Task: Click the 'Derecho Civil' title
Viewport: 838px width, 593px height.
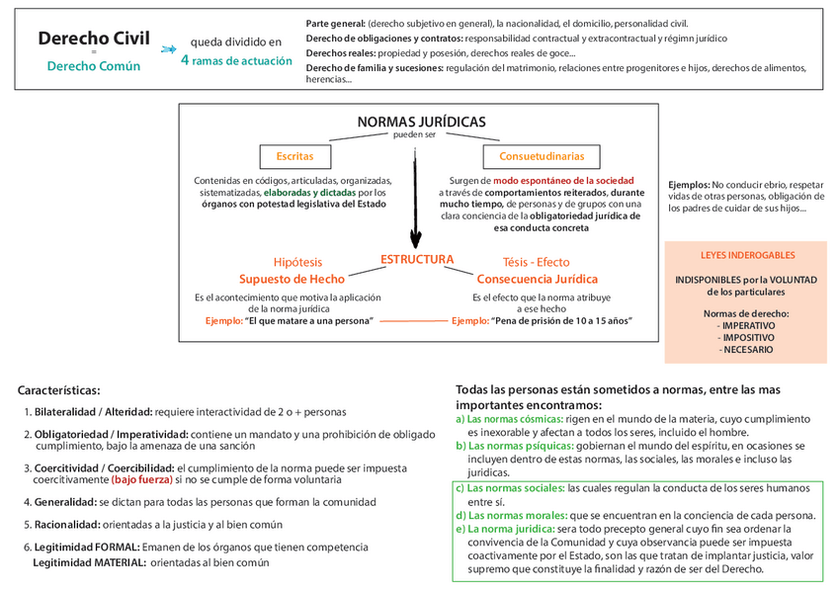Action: pyautogui.click(x=94, y=40)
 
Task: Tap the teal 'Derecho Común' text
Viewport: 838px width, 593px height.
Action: pyautogui.click(x=94, y=66)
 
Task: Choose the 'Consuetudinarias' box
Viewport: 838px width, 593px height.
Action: pyautogui.click(x=541, y=156)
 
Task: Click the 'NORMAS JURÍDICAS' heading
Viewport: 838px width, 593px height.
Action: pyautogui.click(x=421, y=122)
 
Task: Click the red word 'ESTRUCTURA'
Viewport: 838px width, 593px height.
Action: pyautogui.click(x=417, y=260)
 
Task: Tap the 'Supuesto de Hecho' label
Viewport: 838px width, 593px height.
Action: pyautogui.click(x=292, y=280)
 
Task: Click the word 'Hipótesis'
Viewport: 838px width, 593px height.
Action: pyautogui.click(x=297, y=262)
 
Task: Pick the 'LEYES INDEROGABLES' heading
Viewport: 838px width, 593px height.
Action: pyautogui.click(x=746, y=255)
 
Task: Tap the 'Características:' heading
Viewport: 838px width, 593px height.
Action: pyautogui.click(x=59, y=390)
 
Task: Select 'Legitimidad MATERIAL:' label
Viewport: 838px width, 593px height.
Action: pyautogui.click(x=89, y=562)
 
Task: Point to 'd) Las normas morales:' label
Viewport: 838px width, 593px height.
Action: pyautogui.click(x=510, y=515)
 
